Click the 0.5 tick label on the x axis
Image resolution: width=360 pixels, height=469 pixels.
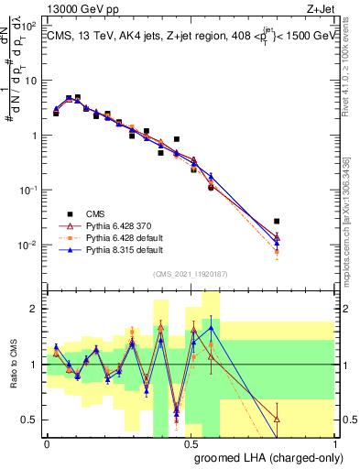click(x=190, y=443)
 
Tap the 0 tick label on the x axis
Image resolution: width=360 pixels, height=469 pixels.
click(x=47, y=443)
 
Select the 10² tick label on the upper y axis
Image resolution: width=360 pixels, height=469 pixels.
click(x=29, y=26)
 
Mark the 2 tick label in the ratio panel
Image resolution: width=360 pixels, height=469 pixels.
click(x=34, y=309)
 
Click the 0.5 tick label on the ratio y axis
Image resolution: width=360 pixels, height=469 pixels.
click(x=29, y=420)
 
